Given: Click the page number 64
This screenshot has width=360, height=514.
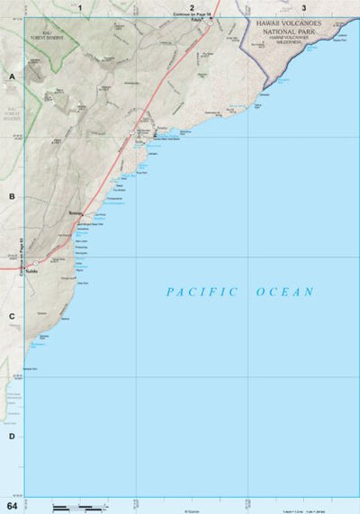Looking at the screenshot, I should pos(11,507).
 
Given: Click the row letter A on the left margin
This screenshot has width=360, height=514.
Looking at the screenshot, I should pos(12,77).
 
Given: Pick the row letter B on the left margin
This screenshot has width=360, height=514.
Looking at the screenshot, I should pos(12,196).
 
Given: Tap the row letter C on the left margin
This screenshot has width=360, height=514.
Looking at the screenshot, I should pos(12,316).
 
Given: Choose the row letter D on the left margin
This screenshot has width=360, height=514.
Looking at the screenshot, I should pos(12,437).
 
